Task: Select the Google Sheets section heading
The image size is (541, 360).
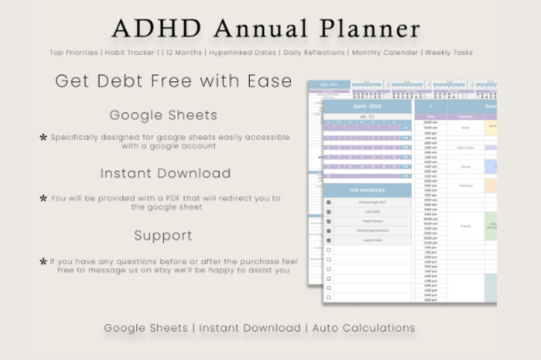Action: point(163,116)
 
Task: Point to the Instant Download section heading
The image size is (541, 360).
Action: point(165,173)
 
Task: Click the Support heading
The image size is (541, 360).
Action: point(162,235)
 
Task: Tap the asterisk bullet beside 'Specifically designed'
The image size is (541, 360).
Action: point(43,138)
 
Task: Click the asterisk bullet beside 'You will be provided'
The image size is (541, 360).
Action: point(43,198)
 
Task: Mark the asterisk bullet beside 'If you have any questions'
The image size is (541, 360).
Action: point(43,262)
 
